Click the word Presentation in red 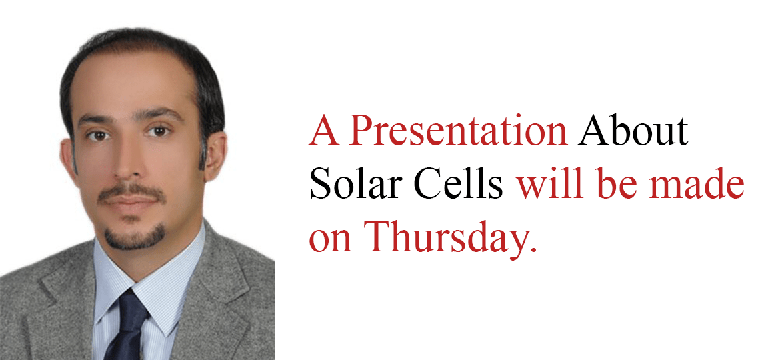click(x=458, y=131)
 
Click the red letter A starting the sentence click(x=324, y=131)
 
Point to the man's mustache click(x=131, y=193)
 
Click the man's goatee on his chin click(x=134, y=238)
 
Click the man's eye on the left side click(x=99, y=136)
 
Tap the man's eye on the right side click(x=159, y=131)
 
